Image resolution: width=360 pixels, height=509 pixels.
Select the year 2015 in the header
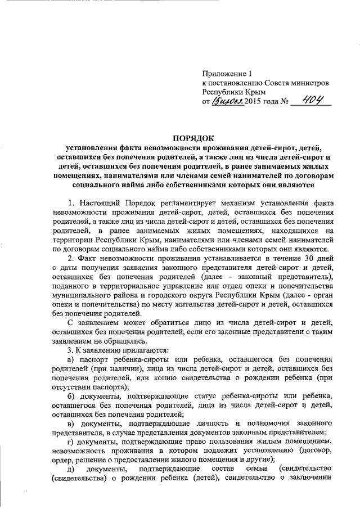pos(255,102)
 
